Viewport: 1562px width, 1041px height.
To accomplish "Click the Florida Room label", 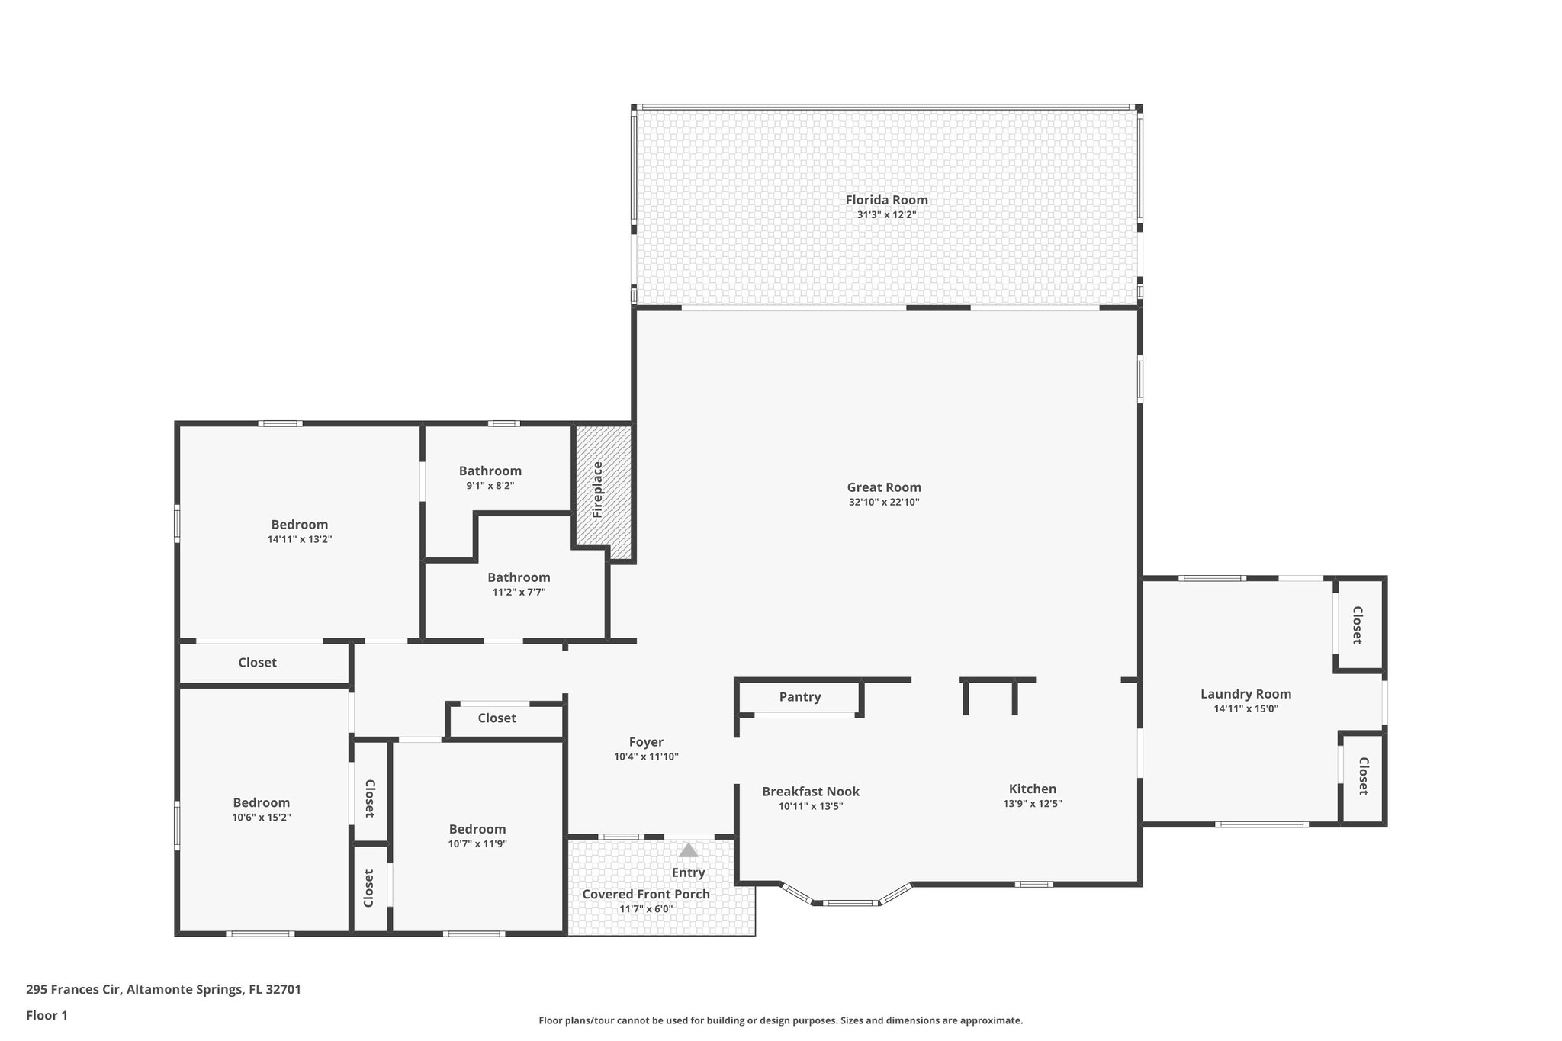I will click(x=886, y=200).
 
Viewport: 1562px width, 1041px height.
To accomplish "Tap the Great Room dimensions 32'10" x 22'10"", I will click(x=884, y=502).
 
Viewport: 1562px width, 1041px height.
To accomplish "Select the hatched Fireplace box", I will click(x=603, y=485).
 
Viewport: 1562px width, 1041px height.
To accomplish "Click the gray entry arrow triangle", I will click(x=688, y=850).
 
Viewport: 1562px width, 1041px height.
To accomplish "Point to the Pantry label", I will click(x=800, y=696).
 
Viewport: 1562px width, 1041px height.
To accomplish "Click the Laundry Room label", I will click(x=1245, y=694).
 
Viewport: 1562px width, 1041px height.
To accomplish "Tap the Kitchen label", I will click(x=1033, y=789).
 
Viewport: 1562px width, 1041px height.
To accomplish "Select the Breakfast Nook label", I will click(x=811, y=792).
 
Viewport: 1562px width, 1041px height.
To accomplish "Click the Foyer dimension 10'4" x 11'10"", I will click(x=646, y=757).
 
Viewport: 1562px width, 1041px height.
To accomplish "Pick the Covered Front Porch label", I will click(x=646, y=894).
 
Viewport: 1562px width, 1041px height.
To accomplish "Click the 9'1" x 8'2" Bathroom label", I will click(x=490, y=471).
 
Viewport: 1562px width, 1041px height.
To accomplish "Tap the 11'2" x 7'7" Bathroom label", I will click(x=519, y=577).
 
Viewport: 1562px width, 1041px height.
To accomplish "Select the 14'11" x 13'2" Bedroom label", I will click(x=300, y=525).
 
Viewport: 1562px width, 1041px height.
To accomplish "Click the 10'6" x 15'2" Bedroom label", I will click(x=262, y=802).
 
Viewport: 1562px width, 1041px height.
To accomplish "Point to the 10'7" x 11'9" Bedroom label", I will click(x=477, y=829).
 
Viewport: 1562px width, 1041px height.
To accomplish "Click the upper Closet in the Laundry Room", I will click(x=1358, y=625).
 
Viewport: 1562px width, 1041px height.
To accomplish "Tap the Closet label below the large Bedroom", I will click(x=257, y=663).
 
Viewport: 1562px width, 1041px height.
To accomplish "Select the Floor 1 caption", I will click(x=47, y=1015).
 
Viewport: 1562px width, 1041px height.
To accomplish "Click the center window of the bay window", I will click(x=850, y=903).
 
